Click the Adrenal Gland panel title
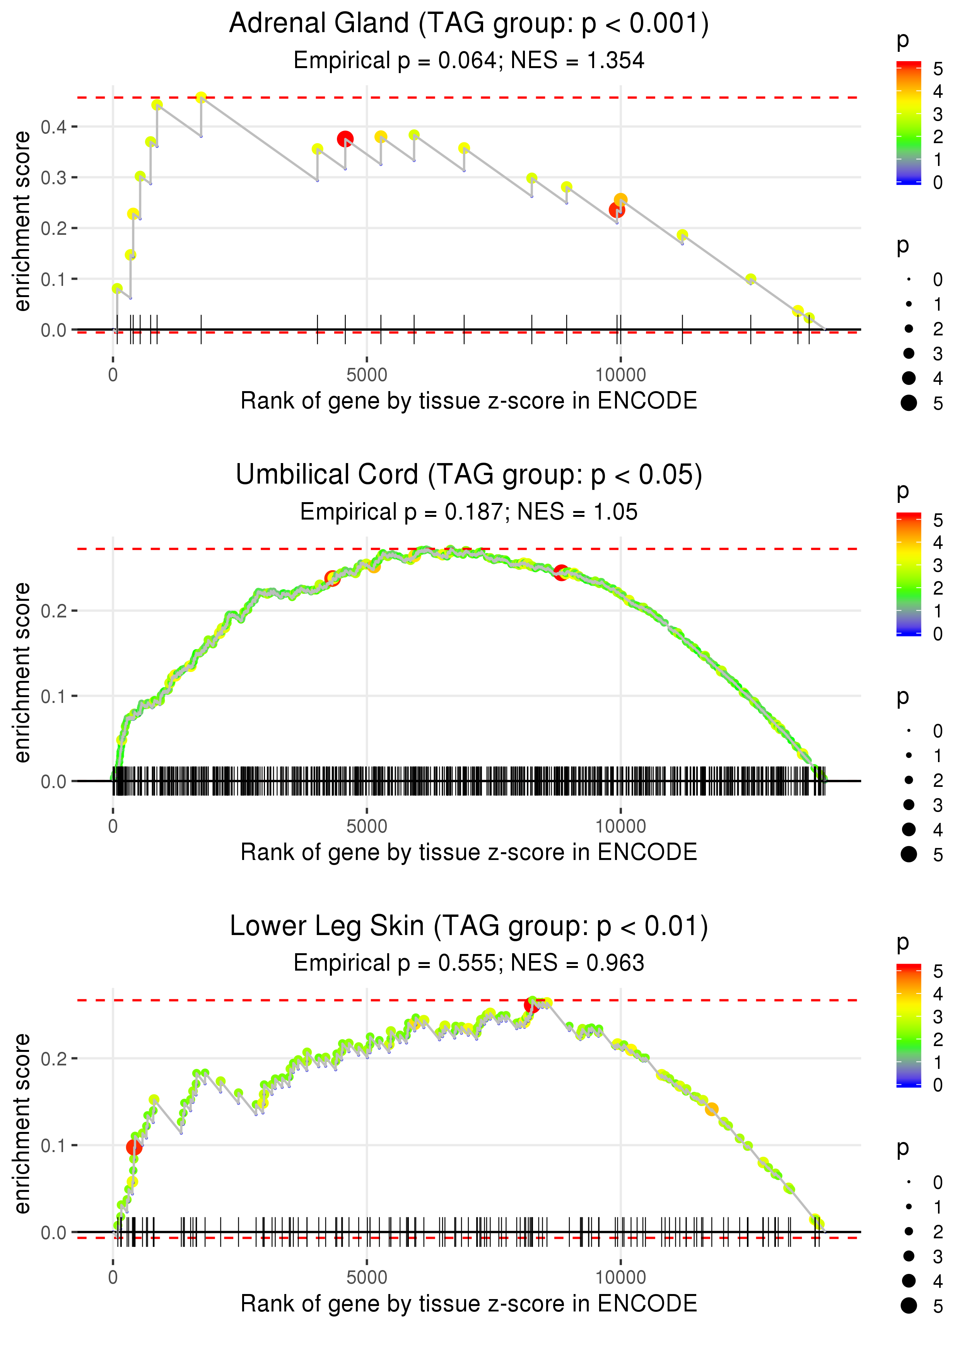point(469,24)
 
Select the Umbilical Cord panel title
point(469,475)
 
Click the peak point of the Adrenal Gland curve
point(201,97)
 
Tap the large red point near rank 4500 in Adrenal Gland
point(345,139)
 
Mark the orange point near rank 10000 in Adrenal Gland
point(620,200)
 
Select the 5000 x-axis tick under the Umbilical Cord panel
point(367,826)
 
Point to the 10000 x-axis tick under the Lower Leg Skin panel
point(620,1278)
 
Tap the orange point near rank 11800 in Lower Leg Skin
point(711,1109)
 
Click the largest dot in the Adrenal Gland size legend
point(909,403)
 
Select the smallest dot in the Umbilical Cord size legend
point(909,731)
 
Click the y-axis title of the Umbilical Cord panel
point(22,673)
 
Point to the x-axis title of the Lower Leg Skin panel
point(469,1304)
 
